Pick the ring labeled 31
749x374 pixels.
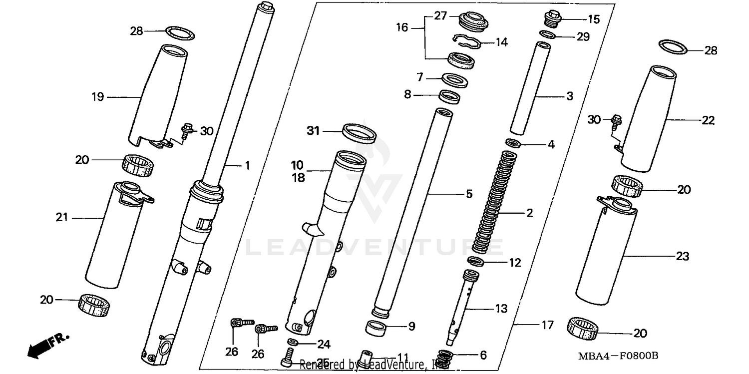[359, 133]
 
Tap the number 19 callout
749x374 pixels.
[98, 97]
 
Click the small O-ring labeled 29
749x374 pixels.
[548, 35]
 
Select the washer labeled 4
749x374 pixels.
[514, 144]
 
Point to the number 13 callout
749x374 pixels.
[501, 309]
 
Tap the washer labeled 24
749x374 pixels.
[295, 342]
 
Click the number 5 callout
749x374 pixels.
[469, 194]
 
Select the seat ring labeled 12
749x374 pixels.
[476, 261]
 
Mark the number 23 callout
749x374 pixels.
[682, 257]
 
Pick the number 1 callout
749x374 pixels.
[246, 165]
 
